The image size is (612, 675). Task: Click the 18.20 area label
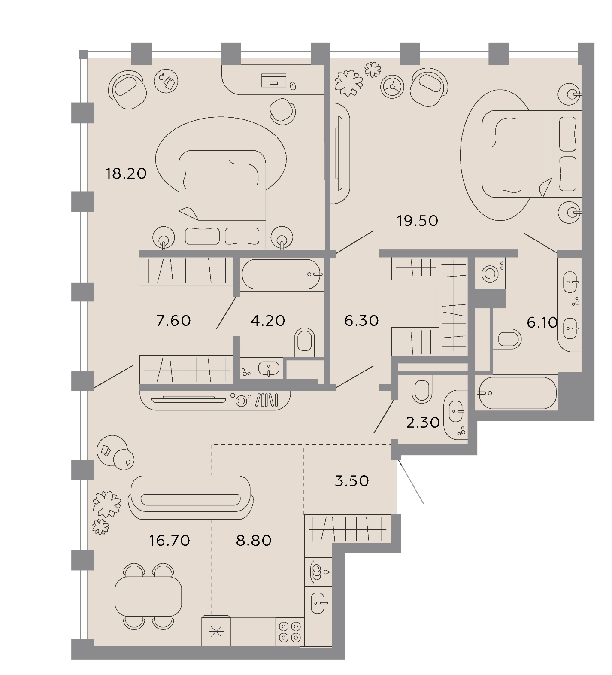click(x=126, y=173)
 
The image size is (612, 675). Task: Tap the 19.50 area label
click(x=418, y=221)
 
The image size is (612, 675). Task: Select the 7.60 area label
click(x=174, y=320)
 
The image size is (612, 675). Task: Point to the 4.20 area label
click(x=268, y=320)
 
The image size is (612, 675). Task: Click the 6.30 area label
click(x=361, y=320)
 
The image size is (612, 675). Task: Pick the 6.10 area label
click(x=542, y=322)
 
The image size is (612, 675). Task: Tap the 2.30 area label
click(x=423, y=423)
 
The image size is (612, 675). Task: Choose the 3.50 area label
click(x=352, y=481)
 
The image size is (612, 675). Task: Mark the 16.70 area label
click(x=170, y=540)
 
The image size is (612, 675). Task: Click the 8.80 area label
click(x=254, y=540)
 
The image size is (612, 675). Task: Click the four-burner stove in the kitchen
click(x=290, y=632)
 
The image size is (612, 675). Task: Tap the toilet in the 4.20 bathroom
click(x=305, y=342)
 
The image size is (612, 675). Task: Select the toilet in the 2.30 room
click(x=421, y=389)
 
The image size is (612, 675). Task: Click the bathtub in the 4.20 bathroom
click(x=281, y=274)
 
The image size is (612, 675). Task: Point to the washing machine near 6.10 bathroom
click(x=490, y=273)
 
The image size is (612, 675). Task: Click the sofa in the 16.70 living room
click(x=191, y=498)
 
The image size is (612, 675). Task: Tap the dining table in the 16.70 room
click(x=148, y=596)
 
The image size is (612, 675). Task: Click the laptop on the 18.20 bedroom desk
click(x=274, y=80)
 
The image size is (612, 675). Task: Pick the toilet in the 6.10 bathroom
click(x=507, y=339)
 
